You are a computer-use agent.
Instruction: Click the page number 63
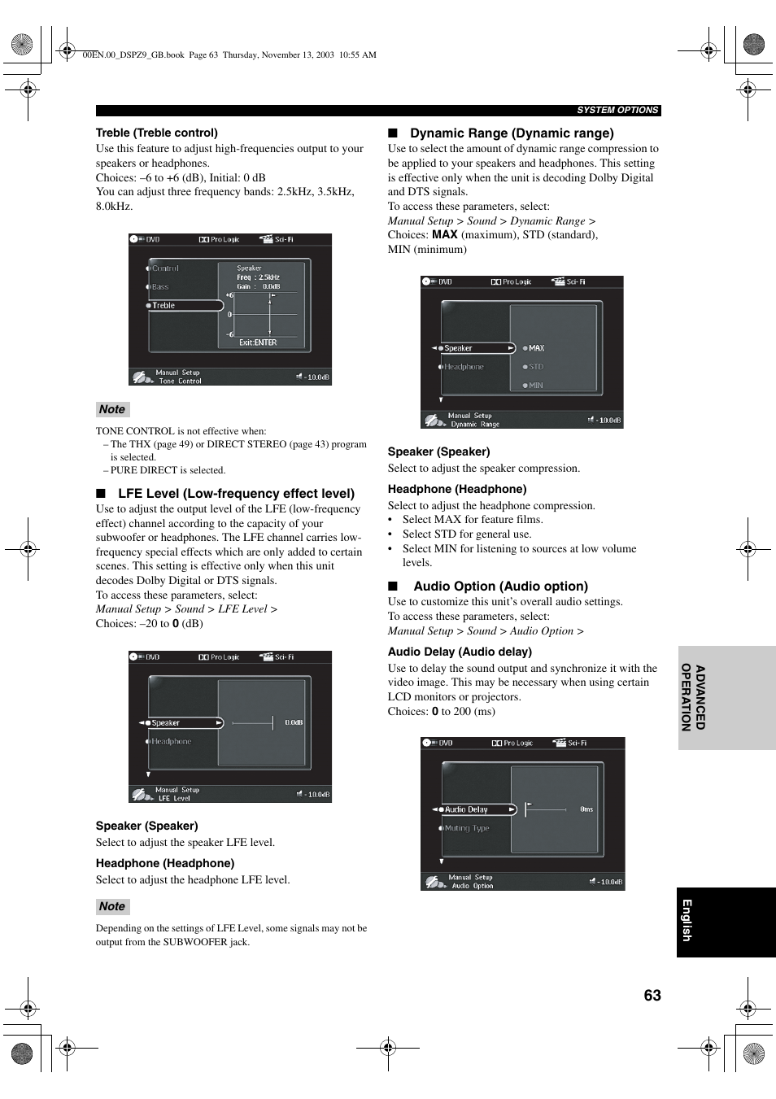pyautogui.click(x=652, y=996)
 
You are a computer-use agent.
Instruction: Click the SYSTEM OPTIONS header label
pyautogui.click(x=617, y=111)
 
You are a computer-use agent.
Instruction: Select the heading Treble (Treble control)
pyautogui.click(x=157, y=133)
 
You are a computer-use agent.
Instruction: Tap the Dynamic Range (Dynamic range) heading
pyautogui.click(x=511, y=133)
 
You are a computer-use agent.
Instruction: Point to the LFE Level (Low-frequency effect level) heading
pyautogui.click(x=236, y=493)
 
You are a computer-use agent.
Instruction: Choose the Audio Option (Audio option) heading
pyautogui.click(x=499, y=587)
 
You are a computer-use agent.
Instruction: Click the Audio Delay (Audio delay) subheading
pyautogui.click(x=460, y=652)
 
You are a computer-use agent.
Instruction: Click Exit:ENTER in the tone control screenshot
pyautogui.click(x=258, y=342)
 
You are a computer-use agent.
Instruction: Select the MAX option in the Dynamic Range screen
pyautogui.click(x=536, y=348)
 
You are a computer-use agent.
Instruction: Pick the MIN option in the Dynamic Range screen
pyautogui.click(x=535, y=386)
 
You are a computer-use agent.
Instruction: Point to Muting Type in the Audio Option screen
pyautogui.click(x=467, y=828)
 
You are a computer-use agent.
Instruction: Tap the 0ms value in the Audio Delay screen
pyautogui.click(x=586, y=809)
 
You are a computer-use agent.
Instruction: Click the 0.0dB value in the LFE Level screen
pyautogui.click(x=294, y=722)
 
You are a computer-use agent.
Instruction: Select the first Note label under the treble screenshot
pyautogui.click(x=112, y=410)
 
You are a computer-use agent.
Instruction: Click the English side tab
pyautogui.click(x=687, y=921)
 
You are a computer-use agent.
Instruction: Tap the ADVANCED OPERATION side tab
pyautogui.click(x=693, y=697)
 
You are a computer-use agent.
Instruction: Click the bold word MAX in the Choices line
pyautogui.click(x=444, y=235)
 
